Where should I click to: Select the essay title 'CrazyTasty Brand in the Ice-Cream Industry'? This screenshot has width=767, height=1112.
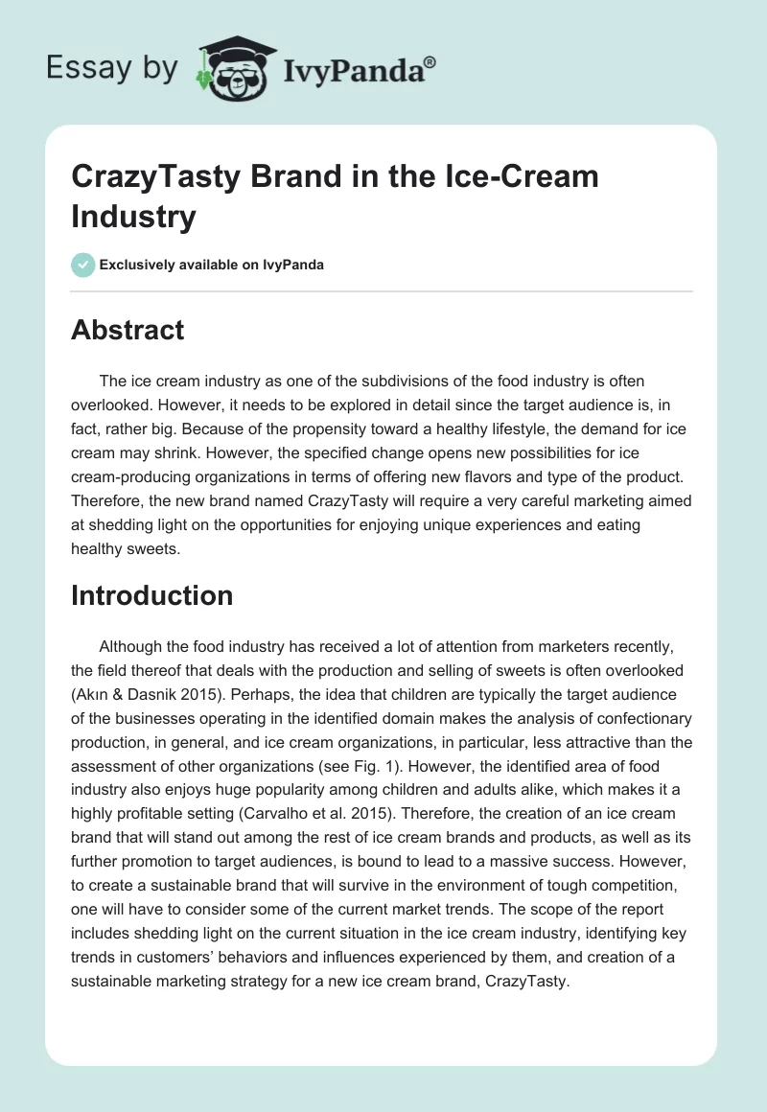click(x=335, y=197)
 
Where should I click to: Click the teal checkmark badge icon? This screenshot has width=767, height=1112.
click(x=83, y=265)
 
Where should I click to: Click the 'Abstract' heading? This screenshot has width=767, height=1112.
click(x=128, y=330)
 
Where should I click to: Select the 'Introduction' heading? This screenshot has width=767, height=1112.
click(x=151, y=595)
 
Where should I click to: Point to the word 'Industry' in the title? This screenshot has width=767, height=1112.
click(x=133, y=217)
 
